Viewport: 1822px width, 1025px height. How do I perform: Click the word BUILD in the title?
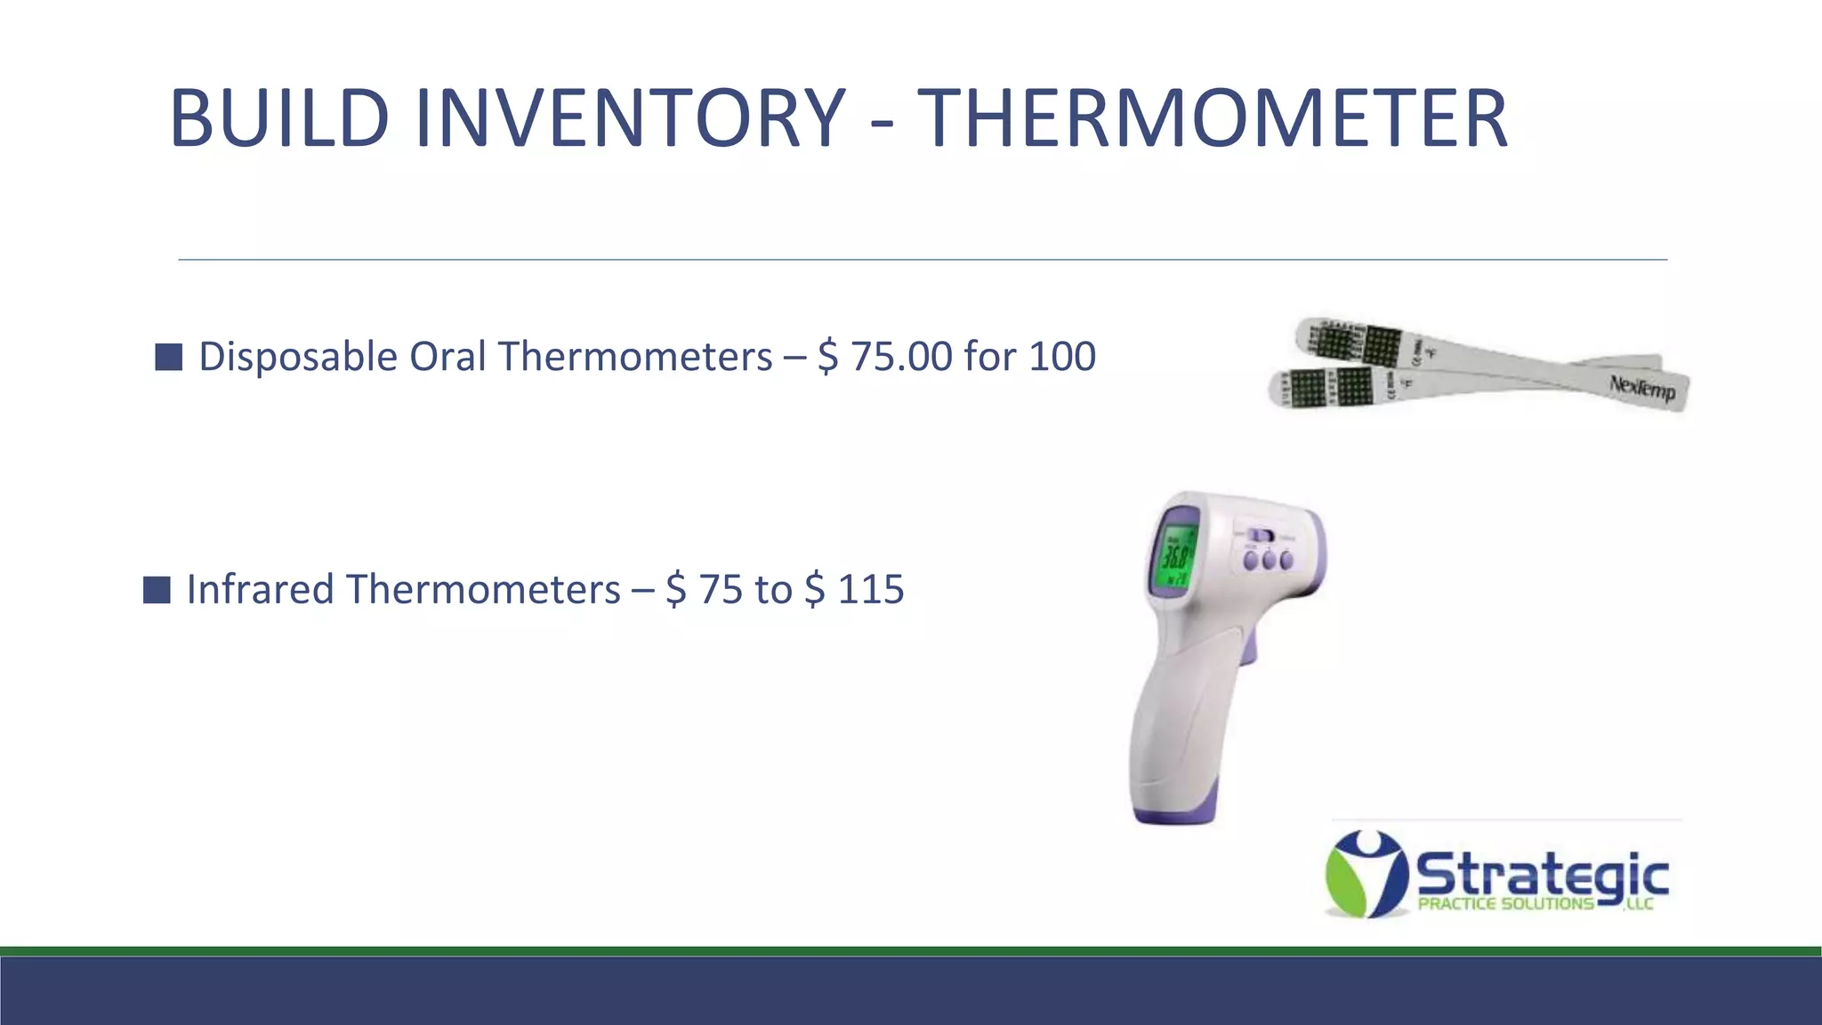tap(278, 117)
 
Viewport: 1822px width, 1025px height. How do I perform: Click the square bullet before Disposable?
tap(168, 357)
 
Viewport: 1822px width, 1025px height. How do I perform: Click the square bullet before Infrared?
tap(157, 590)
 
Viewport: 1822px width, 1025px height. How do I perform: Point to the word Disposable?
tap(297, 357)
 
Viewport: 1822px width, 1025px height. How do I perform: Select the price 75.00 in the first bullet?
tap(901, 357)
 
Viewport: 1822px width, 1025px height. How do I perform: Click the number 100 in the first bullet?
tap(1062, 357)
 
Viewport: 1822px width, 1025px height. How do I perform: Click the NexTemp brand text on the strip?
tap(1642, 388)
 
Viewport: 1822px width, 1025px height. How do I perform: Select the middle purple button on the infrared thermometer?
tap(1269, 561)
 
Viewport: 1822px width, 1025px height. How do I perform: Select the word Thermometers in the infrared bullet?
tap(483, 590)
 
